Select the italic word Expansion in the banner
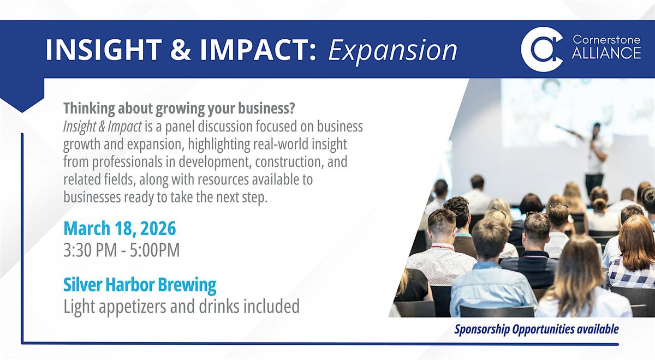point(392,51)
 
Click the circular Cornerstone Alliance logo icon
point(542,49)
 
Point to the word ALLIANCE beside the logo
point(606,53)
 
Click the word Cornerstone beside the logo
point(606,39)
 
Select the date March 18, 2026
point(120,228)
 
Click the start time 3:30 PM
point(90,250)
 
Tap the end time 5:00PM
point(154,250)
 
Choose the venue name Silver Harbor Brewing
point(140,285)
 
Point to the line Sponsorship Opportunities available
point(536,329)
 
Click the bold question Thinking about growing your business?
point(179,109)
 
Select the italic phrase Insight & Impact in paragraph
point(103,127)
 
